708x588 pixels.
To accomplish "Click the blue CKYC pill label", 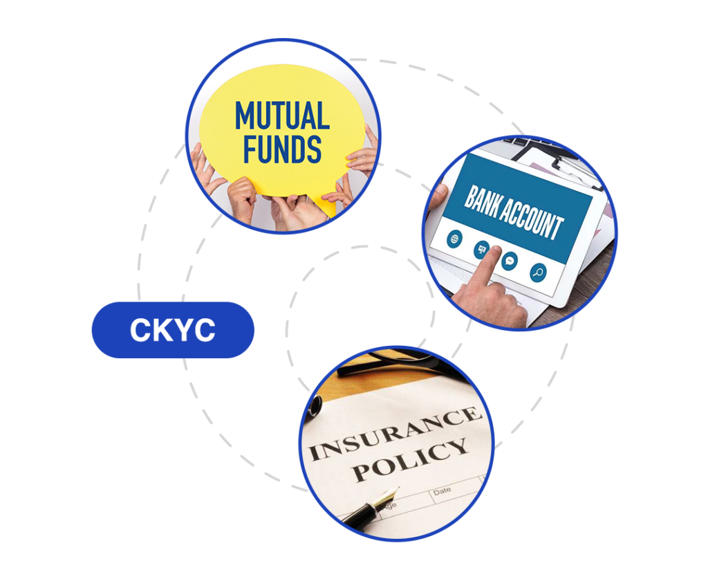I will click(x=173, y=330).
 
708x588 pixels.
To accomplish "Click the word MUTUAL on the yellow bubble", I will click(x=282, y=116).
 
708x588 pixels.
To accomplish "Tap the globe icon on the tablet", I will click(x=454, y=239).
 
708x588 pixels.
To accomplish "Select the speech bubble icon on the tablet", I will click(x=510, y=261).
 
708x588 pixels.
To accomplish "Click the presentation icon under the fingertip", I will click(x=481, y=249).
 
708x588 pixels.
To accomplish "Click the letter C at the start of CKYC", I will click(x=140, y=331).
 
